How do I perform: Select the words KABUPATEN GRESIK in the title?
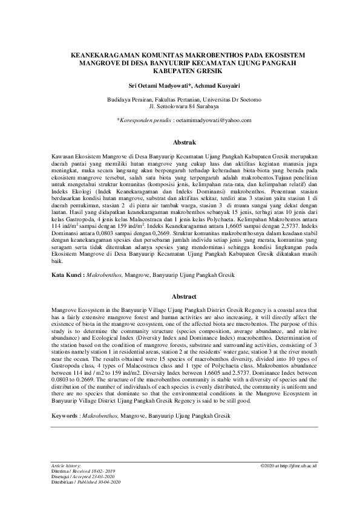point(180,71)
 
